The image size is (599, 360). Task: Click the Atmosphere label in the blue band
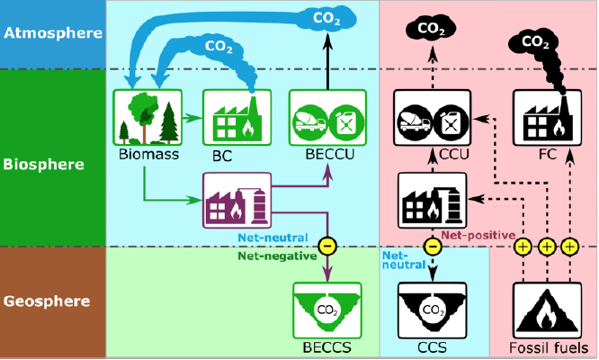[x=52, y=33]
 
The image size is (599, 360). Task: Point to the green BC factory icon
[x=233, y=118]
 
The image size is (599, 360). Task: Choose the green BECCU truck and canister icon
[x=326, y=118]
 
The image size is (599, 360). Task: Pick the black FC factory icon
[x=544, y=118]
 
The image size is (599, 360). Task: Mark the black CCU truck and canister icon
[x=433, y=118]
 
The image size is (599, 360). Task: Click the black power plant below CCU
[x=433, y=201]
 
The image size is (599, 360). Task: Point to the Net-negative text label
[x=275, y=256]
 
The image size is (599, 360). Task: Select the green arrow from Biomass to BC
[x=188, y=116]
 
